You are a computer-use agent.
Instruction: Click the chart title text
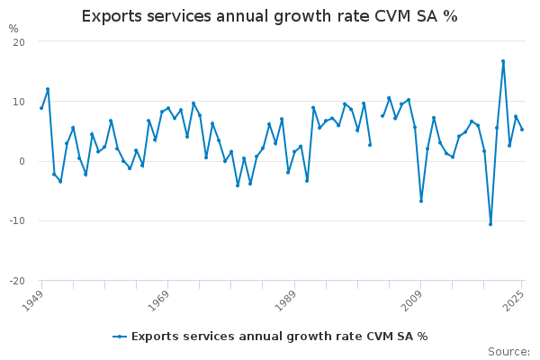pos(269,16)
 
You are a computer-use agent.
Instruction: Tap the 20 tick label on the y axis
pos(18,42)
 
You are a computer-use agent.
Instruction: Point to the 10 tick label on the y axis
pos(18,102)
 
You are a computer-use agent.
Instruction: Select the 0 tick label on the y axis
pos(21,161)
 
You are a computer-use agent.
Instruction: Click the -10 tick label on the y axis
pos(16,220)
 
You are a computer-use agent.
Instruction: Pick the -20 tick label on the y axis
pos(16,280)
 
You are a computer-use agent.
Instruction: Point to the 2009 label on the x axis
pos(411,300)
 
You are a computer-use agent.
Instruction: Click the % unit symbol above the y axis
pos(13,29)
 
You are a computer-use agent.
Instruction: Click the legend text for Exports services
pos(279,337)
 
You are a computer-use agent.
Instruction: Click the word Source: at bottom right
pos(508,352)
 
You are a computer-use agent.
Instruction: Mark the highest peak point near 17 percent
pos(503,61)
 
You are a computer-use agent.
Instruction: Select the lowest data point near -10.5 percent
pos(490,224)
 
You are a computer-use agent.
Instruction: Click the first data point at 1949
pos(41,108)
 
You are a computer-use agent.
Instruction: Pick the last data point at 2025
pos(522,130)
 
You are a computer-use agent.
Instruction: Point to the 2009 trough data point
pos(421,201)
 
